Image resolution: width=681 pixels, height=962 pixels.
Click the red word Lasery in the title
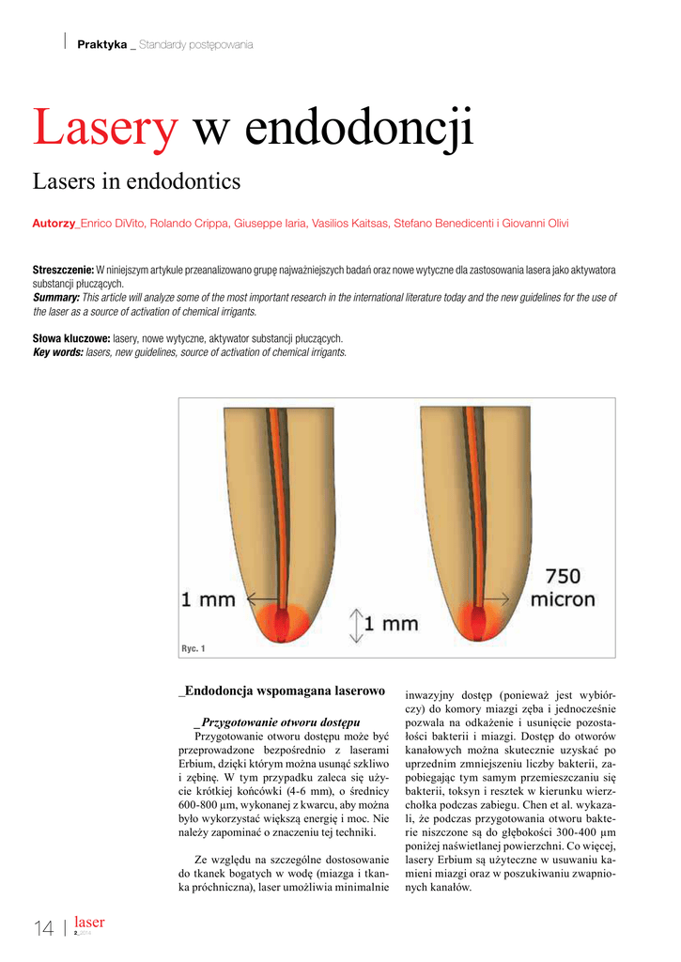[x=104, y=128]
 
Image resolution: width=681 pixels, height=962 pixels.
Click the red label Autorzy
[x=54, y=224]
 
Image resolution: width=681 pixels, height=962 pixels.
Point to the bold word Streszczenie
[x=63, y=271]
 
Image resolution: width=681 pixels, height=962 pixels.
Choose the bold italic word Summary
[x=55, y=298]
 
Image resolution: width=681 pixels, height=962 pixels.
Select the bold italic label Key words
[x=58, y=352]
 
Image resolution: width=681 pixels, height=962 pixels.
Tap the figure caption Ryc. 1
[x=193, y=649]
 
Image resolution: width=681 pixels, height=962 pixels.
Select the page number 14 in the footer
[x=43, y=929]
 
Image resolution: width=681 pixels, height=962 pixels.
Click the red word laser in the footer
[x=89, y=923]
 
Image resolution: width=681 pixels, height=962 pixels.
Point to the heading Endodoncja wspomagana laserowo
[x=282, y=691]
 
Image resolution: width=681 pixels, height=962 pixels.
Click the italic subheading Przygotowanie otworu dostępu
[x=277, y=721]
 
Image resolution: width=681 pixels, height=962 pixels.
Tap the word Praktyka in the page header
[x=101, y=44]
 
